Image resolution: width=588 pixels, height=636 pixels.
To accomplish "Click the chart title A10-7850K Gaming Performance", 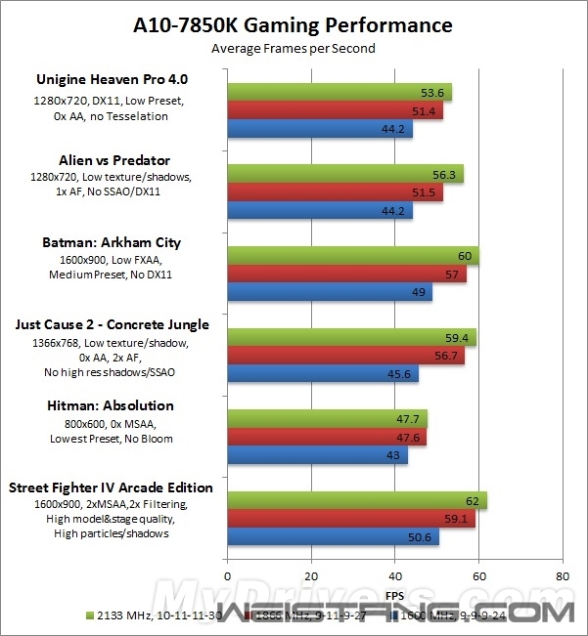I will pyautogui.click(x=294, y=24).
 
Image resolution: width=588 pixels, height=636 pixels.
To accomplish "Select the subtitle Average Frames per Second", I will pyautogui.click(x=294, y=47).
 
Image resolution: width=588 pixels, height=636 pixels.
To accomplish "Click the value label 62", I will pyautogui.click(x=472, y=501).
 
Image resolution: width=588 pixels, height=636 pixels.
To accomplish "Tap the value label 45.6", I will pyautogui.click(x=404, y=374).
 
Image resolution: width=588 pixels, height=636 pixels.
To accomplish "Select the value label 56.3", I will pyautogui.click(x=448, y=175).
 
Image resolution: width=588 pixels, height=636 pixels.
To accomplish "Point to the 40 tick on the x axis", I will pyautogui.click(x=395, y=575).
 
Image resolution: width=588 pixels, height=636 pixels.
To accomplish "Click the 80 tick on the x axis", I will pyautogui.click(x=562, y=575).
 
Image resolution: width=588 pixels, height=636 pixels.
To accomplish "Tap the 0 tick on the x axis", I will pyautogui.click(x=228, y=575).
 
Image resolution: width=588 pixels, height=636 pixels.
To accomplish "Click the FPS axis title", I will pyautogui.click(x=394, y=594).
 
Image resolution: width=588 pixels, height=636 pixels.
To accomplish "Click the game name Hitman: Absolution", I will pyautogui.click(x=112, y=405).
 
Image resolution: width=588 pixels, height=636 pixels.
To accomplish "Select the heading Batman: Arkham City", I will pyautogui.click(x=112, y=242).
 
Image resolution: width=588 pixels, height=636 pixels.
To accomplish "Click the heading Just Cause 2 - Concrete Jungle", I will pyautogui.click(x=112, y=324).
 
